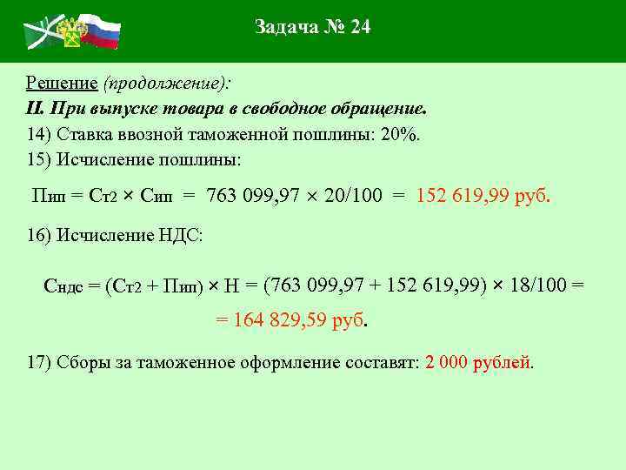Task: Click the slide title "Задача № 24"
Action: [x=313, y=27]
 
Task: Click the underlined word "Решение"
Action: [x=61, y=84]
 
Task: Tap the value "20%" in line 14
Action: [x=399, y=135]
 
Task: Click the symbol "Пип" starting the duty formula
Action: [x=48, y=196]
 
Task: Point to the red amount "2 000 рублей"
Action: [x=478, y=362]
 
